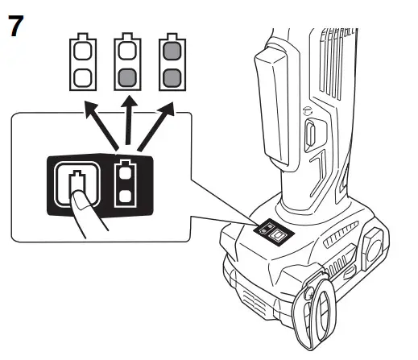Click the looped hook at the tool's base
click(x=314, y=314)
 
